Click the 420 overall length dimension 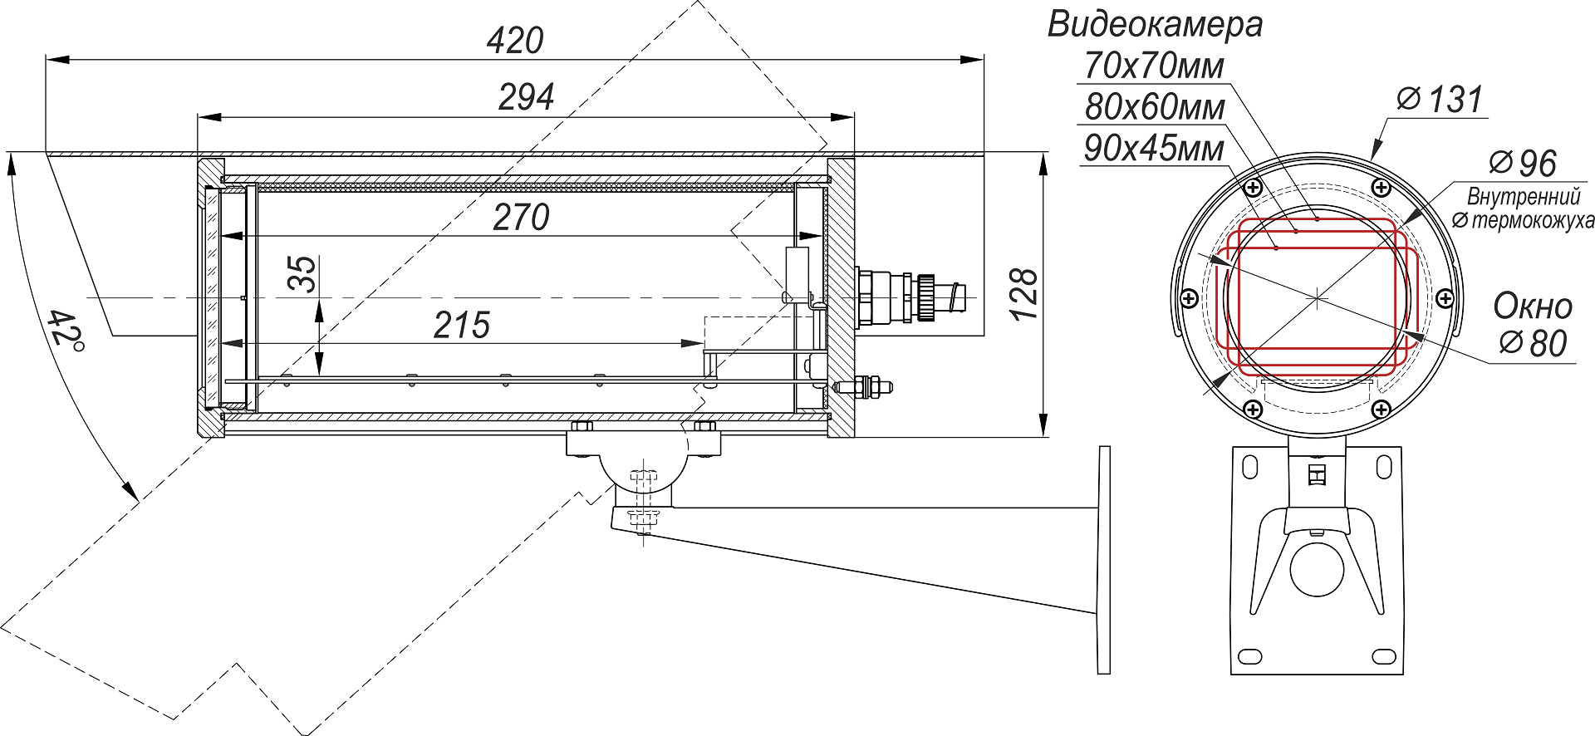point(515,41)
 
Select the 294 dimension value point(526,98)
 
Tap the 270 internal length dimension point(522,218)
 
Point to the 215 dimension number point(462,326)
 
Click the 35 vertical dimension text point(303,273)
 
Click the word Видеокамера point(1155,24)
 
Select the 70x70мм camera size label point(1155,66)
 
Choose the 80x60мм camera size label point(1155,107)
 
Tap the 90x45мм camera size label point(1155,149)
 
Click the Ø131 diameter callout point(1440,100)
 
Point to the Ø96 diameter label point(1523,164)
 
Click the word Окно point(1533,307)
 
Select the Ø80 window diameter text point(1534,343)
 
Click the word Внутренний point(1524,197)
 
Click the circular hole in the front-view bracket point(1317,569)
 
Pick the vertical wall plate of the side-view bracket point(1104,560)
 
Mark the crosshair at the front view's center point(1318,297)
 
